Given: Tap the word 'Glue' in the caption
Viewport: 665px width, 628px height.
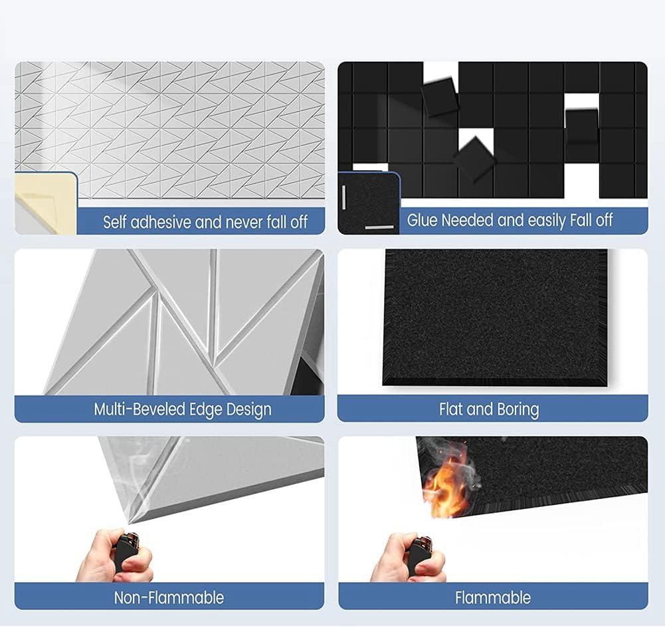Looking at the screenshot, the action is tap(423, 220).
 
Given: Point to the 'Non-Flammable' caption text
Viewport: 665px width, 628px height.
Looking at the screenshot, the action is tap(169, 597).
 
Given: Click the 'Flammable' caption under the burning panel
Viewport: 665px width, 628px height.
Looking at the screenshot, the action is tap(493, 597).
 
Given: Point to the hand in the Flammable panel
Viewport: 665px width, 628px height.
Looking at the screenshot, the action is tap(407, 558).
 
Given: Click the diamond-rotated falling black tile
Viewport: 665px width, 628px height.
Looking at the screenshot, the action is tap(474, 159).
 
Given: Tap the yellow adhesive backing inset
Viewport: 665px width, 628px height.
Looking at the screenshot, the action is tap(46, 203).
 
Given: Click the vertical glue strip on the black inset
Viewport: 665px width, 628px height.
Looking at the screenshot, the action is tap(343, 197).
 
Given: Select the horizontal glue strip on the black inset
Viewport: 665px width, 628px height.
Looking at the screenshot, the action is tap(379, 228).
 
